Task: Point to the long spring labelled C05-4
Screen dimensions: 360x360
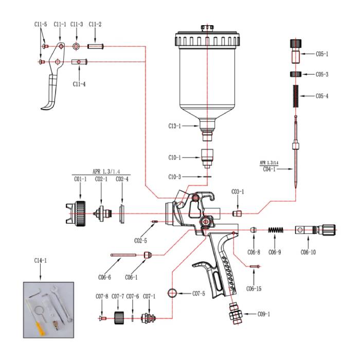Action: [295, 96]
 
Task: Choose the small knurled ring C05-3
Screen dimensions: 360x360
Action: [295, 74]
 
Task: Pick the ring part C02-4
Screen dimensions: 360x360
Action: [122, 213]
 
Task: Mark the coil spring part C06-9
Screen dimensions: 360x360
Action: [277, 230]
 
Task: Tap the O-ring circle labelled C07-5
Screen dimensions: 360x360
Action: [173, 294]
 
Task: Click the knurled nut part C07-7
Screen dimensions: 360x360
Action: [118, 318]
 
